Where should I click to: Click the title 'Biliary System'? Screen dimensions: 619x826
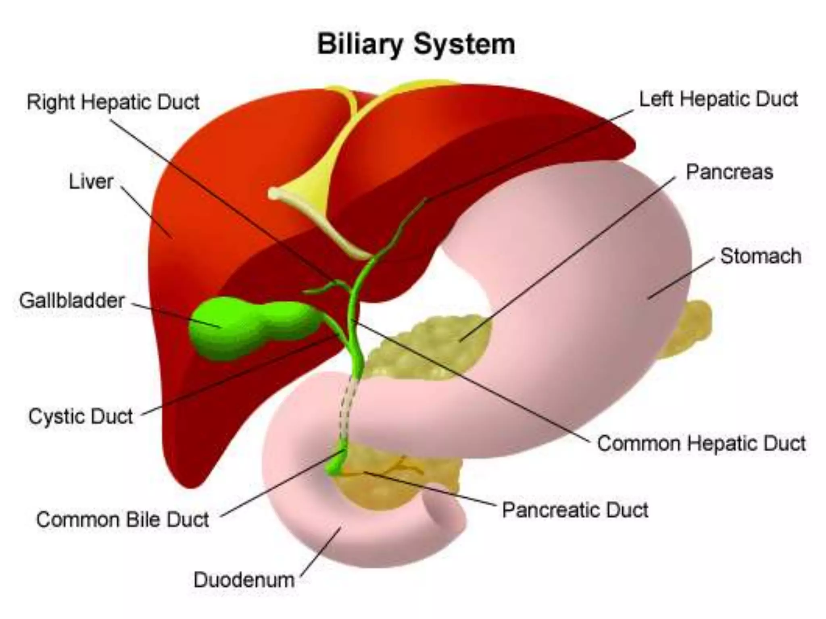point(416,44)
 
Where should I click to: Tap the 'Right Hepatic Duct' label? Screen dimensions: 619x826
point(113,102)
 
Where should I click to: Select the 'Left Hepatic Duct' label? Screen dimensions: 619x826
point(718,99)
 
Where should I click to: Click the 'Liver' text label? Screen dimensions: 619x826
point(91,182)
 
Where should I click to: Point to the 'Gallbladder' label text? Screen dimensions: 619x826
point(72,301)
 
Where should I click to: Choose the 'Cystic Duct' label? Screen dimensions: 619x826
point(80,416)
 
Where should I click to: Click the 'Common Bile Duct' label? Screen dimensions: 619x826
point(123,519)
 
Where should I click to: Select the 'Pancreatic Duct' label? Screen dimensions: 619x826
point(575,510)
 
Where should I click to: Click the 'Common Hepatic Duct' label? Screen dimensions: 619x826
point(701,443)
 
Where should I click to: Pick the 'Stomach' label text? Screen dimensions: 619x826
point(761,256)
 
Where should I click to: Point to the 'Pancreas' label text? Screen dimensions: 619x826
point(729,172)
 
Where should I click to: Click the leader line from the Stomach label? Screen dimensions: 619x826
point(682,278)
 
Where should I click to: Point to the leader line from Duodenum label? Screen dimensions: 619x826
point(321,552)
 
